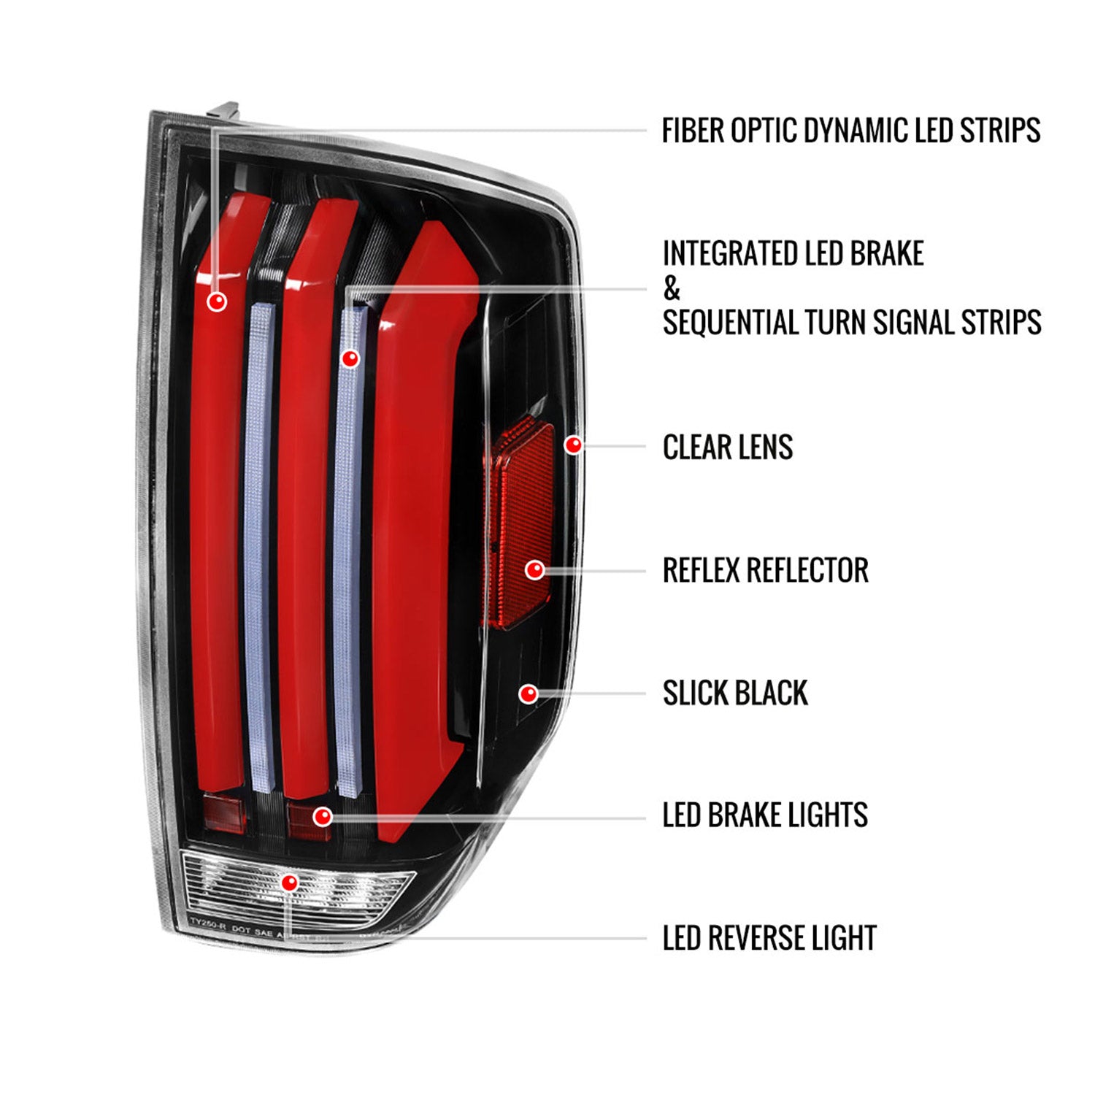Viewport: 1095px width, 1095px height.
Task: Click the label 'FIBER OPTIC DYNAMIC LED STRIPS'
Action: (x=850, y=131)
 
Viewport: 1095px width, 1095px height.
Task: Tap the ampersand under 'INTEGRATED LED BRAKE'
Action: (x=671, y=289)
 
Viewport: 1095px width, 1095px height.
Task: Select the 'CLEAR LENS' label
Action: (x=727, y=447)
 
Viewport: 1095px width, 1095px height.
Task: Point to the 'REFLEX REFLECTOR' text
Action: (x=765, y=570)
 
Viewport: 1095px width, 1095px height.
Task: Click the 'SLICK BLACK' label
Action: (x=734, y=693)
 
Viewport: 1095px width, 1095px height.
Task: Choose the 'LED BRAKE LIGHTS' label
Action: (x=764, y=815)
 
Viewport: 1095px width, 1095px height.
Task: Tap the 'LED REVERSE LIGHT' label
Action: (x=769, y=938)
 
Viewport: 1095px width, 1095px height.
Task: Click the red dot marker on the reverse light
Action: (x=290, y=883)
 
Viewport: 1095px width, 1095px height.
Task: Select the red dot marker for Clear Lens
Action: (x=574, y=444)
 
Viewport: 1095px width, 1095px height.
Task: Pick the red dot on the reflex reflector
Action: (x=535, y=569)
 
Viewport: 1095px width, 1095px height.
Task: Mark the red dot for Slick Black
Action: (x=529, y=693)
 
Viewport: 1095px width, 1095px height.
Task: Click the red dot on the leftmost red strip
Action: (x=217, y=301)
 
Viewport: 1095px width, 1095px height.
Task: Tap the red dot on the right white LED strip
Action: (x=350, y=358)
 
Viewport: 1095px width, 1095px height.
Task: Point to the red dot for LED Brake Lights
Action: (x=323, y=815)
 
